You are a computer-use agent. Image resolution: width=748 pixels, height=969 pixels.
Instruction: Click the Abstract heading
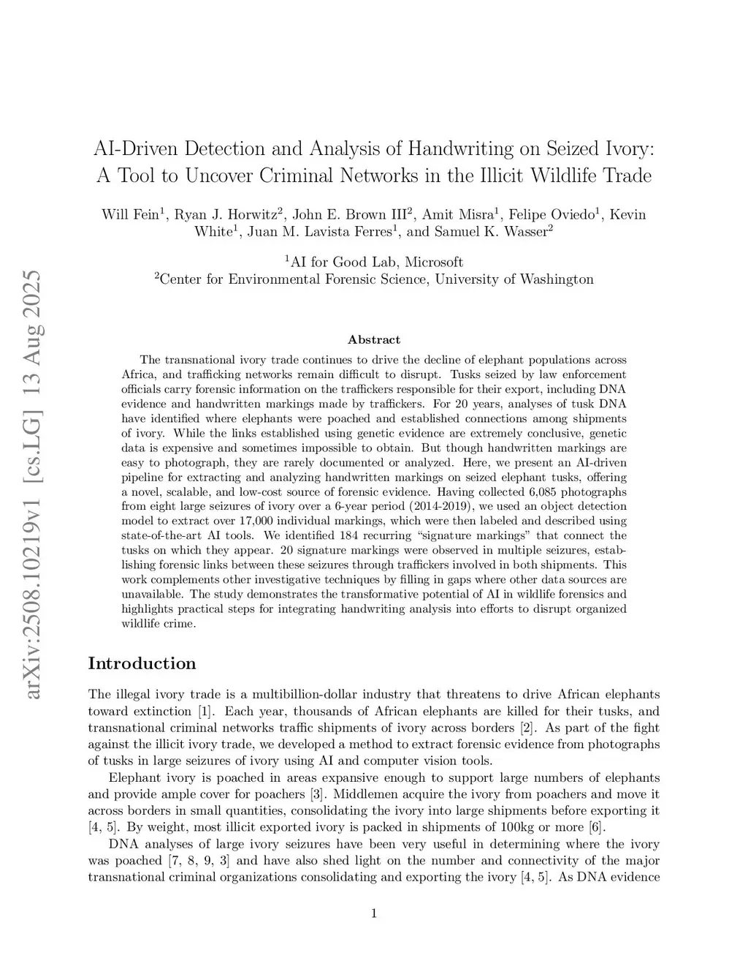point(374,339)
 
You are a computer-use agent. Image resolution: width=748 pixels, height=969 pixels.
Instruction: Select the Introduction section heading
point(142,663)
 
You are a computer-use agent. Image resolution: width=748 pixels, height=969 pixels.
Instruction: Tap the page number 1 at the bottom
point(374,913)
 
